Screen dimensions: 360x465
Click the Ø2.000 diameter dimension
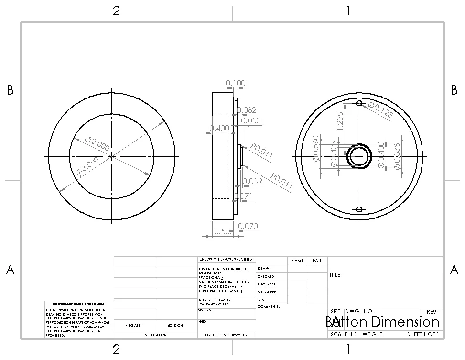[x=97, y=143]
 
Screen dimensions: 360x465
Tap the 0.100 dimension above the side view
[x=236, y=83]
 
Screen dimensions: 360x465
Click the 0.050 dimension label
[x=251, y=120]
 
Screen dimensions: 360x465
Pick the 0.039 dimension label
[x=253, y=181]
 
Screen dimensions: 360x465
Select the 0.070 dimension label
[x=248, y=226]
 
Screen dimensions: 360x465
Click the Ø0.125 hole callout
[x=380, y=110]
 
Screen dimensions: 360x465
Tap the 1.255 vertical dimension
[x=340, y=121]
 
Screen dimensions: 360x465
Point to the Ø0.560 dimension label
[x=316, y=148]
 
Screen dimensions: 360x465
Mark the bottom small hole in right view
[x=359, y=209]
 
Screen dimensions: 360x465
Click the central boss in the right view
[x=359, y=156]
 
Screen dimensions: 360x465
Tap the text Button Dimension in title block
[x=382, y=322]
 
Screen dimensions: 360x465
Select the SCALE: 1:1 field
[x=343, y=334]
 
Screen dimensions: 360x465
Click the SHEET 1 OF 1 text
[x=422, y=334]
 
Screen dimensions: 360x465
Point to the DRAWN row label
[x=265, y=269]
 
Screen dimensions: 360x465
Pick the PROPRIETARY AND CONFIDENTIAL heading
[x=79, y=304]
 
